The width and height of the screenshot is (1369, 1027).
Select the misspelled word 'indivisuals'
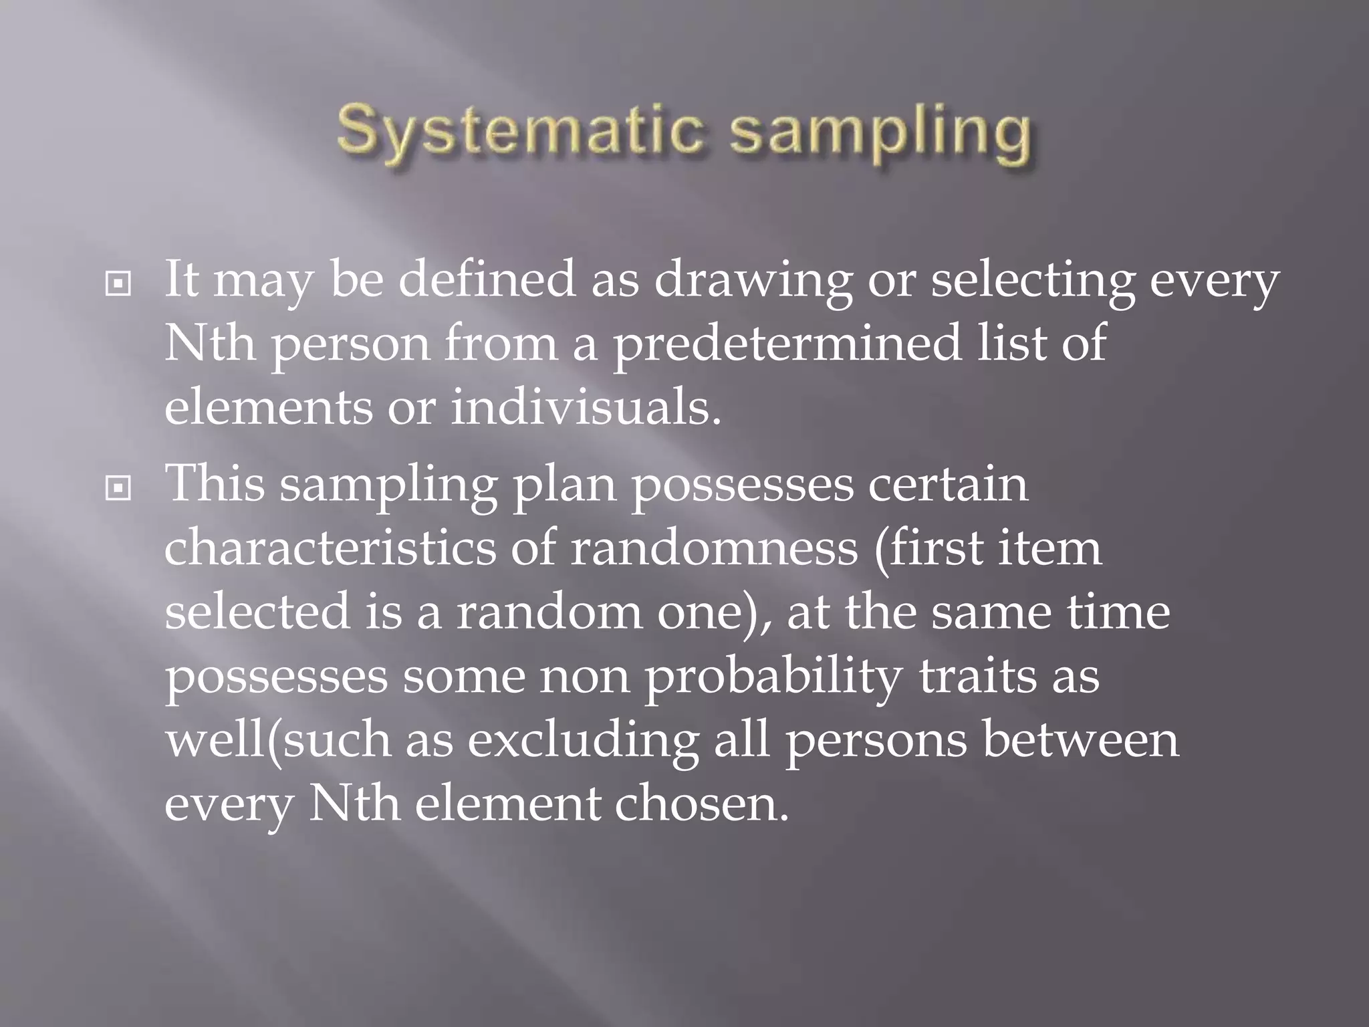(x=586, y=407)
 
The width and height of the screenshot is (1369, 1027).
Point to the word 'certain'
(x=948, y=484)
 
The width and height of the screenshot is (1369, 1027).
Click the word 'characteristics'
(x=330, y=548)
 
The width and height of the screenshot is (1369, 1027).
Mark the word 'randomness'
(x=713, y=548)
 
